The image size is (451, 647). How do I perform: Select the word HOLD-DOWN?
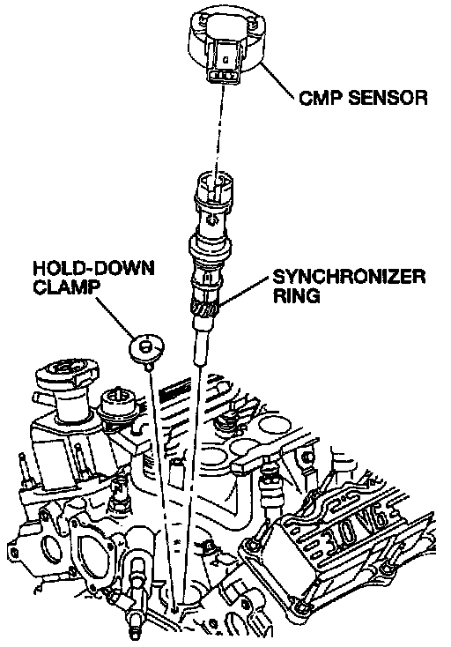tap(93, 268)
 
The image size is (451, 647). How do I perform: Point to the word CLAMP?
tap(66, 287)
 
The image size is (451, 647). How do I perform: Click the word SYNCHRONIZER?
tap(349, 277)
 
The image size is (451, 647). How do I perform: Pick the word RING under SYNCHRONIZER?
tap(296, 295)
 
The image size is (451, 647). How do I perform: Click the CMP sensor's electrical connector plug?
tap(224, 62)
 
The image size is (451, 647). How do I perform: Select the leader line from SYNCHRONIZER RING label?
tap(245, 292)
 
